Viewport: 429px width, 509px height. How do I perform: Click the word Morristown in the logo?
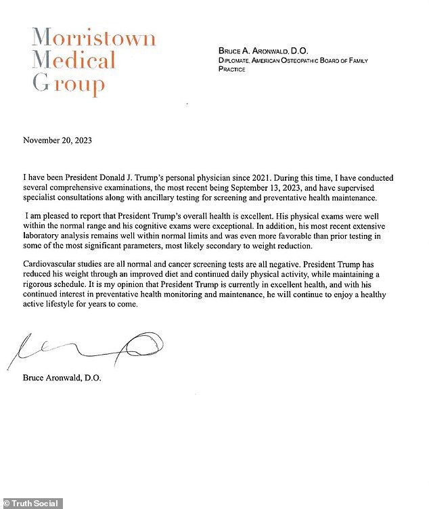click(x=94, y=38)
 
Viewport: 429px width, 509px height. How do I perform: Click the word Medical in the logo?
click(x=74, y=61)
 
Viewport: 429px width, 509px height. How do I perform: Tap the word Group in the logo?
click(x=68, y=85)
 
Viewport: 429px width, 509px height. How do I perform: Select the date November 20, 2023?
click(x=58, y=141)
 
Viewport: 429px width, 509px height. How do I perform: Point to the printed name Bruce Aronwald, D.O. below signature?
click(x=62, y=378)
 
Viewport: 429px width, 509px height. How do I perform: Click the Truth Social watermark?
click(x=35, y=504)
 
